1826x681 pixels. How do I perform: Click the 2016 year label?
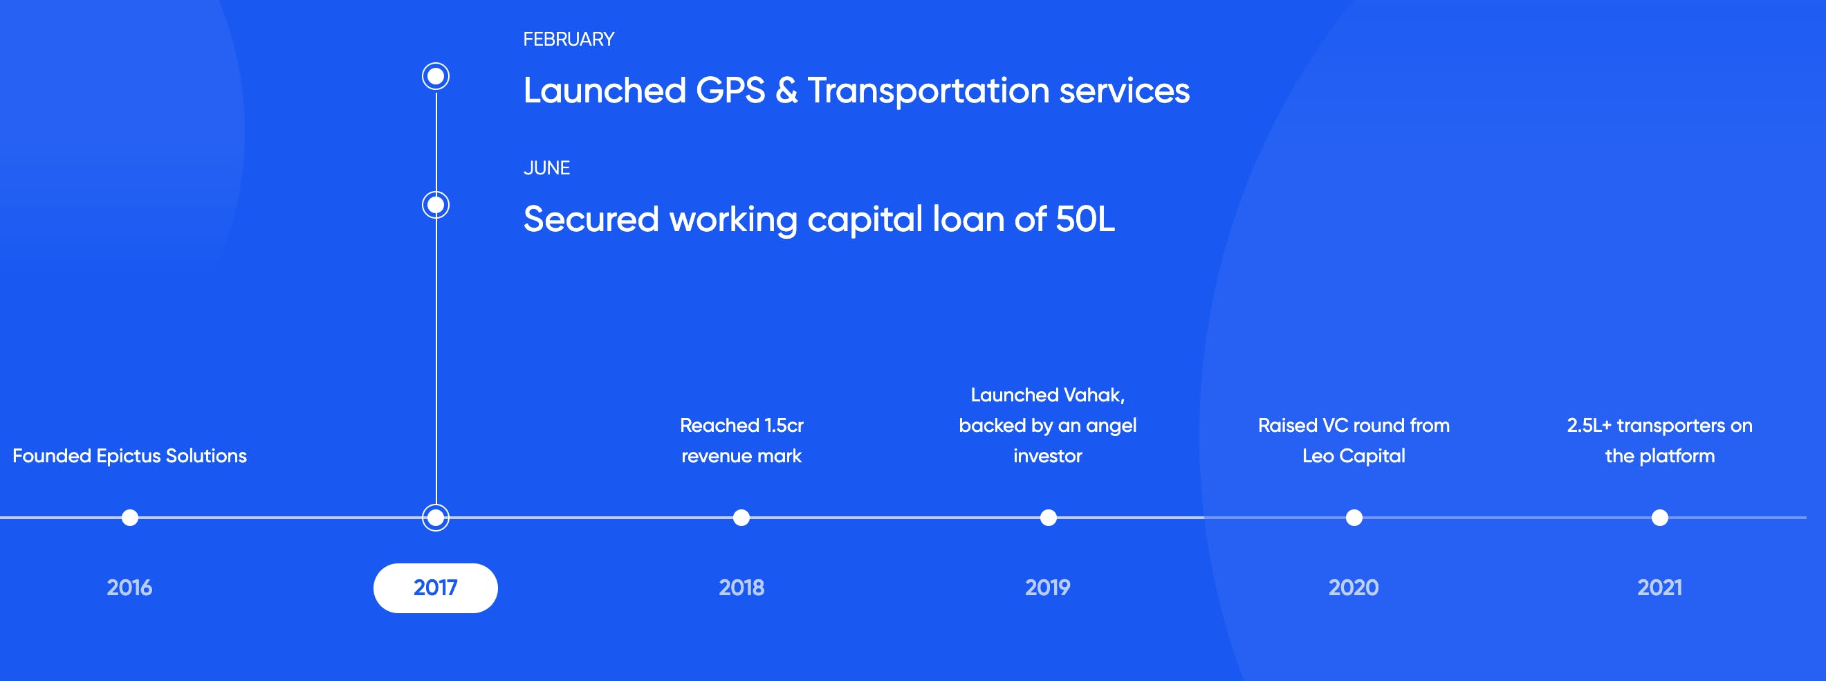[129, 588]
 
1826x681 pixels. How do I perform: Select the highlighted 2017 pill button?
[435, 588]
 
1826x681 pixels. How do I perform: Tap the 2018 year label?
[741, 588]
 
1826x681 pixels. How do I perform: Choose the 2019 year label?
[1048, 588]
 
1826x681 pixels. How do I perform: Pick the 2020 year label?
[1353, 588]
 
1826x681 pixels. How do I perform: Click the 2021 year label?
[1659, 588]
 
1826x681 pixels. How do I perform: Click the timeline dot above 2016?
[130, 518]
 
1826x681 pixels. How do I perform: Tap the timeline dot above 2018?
[741, 518]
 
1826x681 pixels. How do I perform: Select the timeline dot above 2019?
[1049, 518]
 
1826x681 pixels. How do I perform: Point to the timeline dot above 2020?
[1354, 518]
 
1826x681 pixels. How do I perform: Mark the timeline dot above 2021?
[1660, 518]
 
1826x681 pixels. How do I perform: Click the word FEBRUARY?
[569, 39]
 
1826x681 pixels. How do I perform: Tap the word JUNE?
[546, 168]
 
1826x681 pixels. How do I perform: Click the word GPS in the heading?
[730, 91]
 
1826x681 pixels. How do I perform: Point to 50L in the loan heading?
[1085, 219]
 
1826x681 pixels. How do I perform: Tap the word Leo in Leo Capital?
[1318, 456]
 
